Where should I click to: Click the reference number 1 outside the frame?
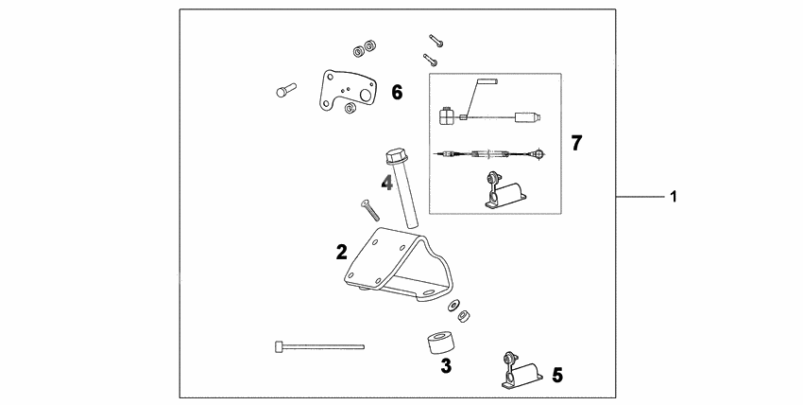click(674, 196)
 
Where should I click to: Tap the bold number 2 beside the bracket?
click(342, 253)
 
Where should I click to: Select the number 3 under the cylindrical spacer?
click(446, 366)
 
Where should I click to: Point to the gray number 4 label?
click(386, 183)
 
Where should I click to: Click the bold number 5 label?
click(557, 376)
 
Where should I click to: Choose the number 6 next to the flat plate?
click(397, 93)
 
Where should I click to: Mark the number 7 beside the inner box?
click(576, 143)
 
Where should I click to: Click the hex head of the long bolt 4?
click(395, 156)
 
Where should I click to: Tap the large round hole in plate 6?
click(367, 96)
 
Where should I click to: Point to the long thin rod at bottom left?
click(319, 347)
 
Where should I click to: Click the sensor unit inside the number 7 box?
click(504, 191)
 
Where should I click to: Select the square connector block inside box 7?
click(447, 115)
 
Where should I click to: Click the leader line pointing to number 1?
click(641, 196)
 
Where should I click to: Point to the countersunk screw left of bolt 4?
click(369, 210)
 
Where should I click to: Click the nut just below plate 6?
click(350, 108)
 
